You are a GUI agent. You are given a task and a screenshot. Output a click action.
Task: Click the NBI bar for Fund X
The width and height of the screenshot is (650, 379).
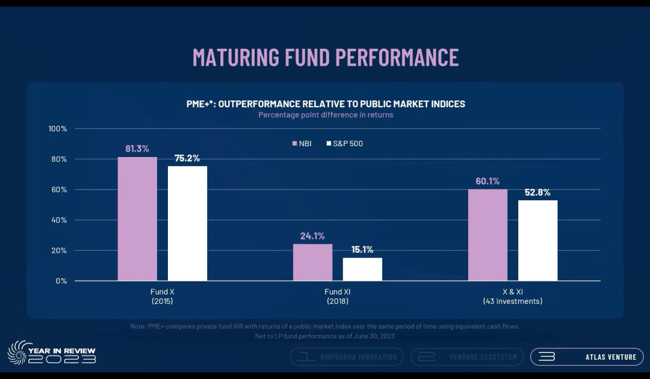[x=137, y=219]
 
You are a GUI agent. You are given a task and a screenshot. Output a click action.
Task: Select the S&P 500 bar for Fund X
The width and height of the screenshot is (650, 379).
[x=187, y=223]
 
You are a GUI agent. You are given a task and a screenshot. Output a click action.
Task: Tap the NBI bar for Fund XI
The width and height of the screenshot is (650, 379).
[x=312, y=262]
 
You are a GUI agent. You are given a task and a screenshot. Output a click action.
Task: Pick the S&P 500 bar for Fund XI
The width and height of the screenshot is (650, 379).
[x=362, y=269]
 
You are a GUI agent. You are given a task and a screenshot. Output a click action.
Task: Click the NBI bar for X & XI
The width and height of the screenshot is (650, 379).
[x=487, y=235]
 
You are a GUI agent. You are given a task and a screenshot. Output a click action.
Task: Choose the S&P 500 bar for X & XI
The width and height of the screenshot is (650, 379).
[x=537, y=241]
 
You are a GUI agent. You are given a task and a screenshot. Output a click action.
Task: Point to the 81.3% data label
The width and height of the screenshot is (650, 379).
[x=137, y=149]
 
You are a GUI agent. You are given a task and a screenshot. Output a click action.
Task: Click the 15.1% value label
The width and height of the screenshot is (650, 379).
[x=362, y=250]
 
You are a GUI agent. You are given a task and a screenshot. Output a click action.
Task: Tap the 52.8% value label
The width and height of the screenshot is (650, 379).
[x=537, y=193]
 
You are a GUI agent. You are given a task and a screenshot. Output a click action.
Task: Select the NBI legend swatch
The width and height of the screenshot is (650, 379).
[x=295, y=144]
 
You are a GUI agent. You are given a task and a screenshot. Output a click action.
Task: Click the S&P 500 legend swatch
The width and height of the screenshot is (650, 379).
[x=329, y=144]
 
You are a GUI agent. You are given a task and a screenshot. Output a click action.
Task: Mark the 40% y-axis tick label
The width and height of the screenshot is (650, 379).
[x=58, y=220]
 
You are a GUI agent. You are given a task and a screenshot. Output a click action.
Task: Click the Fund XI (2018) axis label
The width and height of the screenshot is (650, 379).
[x=337, y=296]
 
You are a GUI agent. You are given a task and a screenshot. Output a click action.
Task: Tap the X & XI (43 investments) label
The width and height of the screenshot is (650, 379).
[x=513, y=296]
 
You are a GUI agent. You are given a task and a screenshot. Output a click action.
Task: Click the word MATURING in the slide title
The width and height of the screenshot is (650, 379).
[x=236, y=57]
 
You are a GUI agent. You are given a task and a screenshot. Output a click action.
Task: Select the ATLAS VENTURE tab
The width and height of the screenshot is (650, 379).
[x=586, y=357]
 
